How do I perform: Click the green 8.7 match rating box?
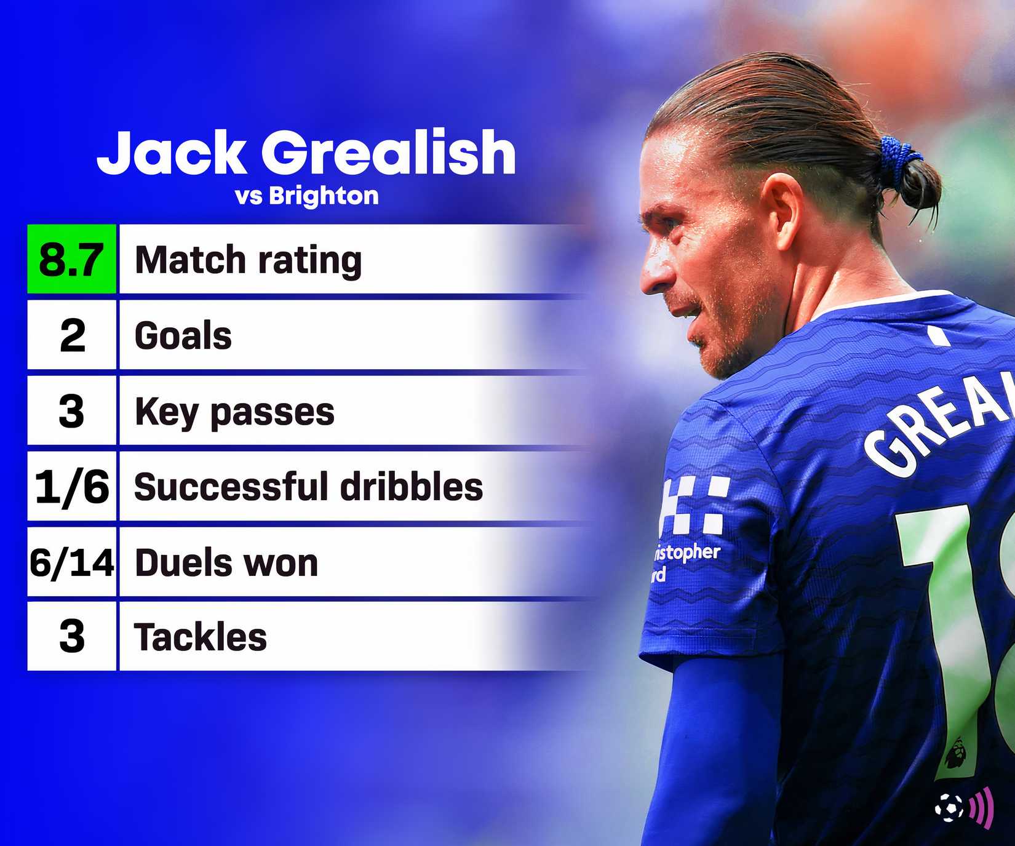click(71, 259)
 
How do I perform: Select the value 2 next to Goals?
click(72, 336)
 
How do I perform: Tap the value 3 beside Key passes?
click(71, 411)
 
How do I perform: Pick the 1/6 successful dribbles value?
click(71, 487)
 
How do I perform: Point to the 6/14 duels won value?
click(71, 562)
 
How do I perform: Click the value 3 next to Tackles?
click(71, 637)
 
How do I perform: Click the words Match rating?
click(248, 260)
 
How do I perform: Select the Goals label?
click(183, 336)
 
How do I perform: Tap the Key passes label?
click(234, 412)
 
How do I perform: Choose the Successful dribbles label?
click(308, 487)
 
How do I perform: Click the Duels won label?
click(226, 563)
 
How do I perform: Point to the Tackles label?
click(201, 637)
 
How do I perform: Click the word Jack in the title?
click(171, 152)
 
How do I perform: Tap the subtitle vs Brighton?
click(306, 196)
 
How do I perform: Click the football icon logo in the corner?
click(949, 806)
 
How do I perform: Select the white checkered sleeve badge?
click(695, 505)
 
